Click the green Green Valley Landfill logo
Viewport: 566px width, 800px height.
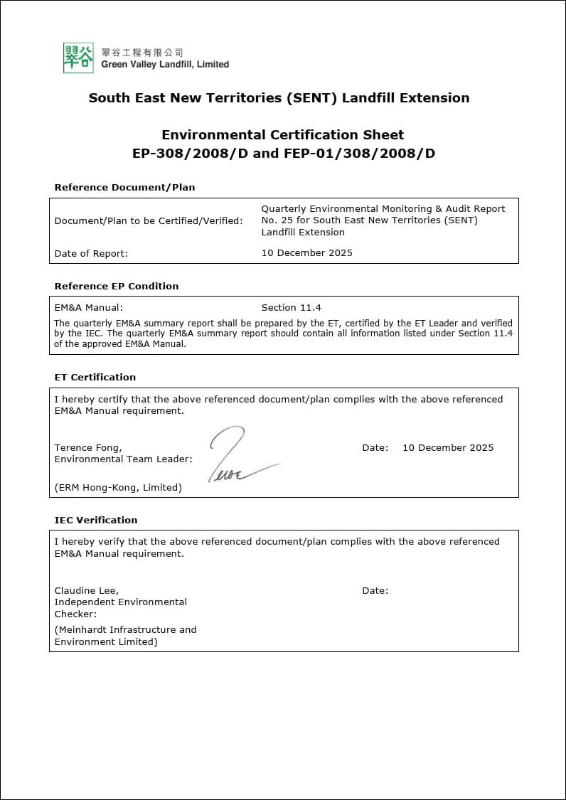tap(78, 58)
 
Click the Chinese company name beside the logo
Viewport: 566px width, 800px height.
tap(142, 52)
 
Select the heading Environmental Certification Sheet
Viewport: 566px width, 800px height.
tap(282, 134)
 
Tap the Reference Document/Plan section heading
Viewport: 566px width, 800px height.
tap(124, 188)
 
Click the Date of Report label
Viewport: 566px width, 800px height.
tap(91, 253)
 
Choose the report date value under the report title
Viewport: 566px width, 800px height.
tap(306, 252)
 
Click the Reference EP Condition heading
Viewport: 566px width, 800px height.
tap(116, 286)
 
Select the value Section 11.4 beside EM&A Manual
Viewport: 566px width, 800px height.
tap(291, 307)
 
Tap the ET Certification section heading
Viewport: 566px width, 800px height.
tap(95, 377)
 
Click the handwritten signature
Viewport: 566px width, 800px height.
tap(238, 455)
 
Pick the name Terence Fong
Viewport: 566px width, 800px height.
tap(87, 447)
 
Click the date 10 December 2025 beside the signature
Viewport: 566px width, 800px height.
tap(447, 447)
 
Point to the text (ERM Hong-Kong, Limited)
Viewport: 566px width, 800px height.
tap(118, 487)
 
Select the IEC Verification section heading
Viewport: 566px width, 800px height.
tap(95, 520)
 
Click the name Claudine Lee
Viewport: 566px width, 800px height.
tap(86, 590)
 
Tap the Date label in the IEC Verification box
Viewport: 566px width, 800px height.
tap(375, 590)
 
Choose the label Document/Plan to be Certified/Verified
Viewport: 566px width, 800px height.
tap(148, 220)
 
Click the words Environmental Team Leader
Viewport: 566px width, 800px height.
tap(123, 459)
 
